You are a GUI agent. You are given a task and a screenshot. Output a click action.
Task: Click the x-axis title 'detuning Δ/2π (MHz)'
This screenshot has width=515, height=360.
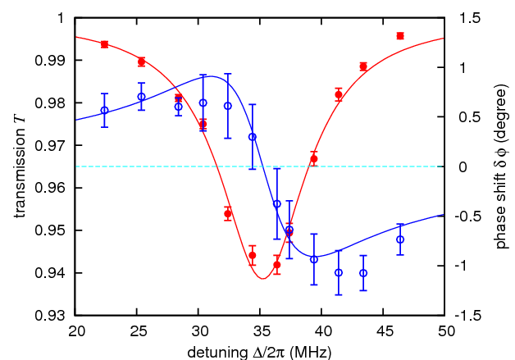[259, 350]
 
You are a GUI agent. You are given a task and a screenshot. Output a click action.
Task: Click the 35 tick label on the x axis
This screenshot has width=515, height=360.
[260, 330]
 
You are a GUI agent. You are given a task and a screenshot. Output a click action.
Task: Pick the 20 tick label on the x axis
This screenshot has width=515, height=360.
[75, 330]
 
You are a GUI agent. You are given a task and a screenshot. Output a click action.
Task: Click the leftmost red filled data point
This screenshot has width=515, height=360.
[104, 44]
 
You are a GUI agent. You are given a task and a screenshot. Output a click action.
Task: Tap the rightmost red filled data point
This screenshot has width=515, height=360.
[399, 36]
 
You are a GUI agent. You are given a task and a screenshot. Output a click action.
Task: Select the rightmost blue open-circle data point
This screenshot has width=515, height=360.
[399, 239]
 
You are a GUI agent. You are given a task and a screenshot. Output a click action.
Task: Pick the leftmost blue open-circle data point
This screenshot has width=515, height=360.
[104, 110]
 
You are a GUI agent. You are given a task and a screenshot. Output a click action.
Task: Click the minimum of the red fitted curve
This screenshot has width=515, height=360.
[262, 279]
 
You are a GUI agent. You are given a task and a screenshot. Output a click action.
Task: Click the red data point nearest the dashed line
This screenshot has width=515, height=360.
[313, 158]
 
